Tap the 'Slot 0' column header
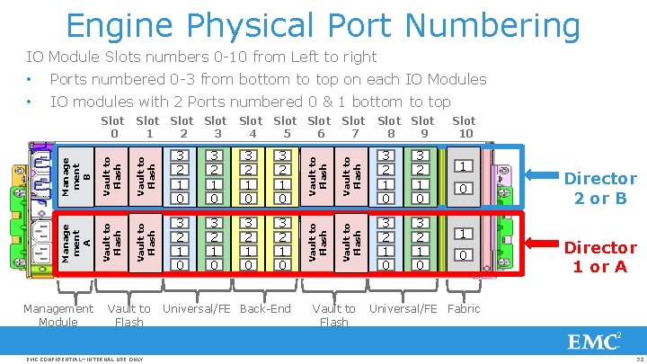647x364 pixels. pos(112,128)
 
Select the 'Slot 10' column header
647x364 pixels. pos(464,128)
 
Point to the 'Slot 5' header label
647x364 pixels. pos(285,128)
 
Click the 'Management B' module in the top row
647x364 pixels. pos(76,174)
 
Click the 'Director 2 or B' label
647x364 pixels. pos(599,188)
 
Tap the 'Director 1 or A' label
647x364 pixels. pos(599,256)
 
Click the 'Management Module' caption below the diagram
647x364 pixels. pos(58,315)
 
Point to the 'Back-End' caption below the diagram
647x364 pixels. pos(266,308)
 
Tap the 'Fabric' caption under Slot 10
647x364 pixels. pos(464,308)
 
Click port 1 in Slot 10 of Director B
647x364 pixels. pos(463,166)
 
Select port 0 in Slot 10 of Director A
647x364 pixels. pos(463,256)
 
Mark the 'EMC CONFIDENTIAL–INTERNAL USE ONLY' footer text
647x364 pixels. pos(85,359)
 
